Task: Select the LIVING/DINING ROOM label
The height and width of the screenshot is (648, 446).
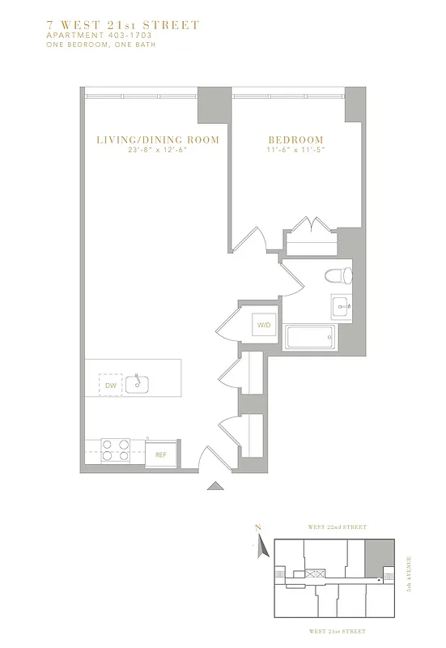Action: point(158,140)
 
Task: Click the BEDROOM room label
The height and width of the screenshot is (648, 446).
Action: point(295,140)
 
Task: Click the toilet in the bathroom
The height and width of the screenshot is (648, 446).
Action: point(338,275)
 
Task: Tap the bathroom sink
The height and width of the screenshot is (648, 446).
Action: point(340,306)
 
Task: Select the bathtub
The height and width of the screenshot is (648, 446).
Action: point(309,337)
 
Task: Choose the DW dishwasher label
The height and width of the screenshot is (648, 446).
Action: point(111,386)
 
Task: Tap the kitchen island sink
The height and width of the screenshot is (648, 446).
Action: point(138,382)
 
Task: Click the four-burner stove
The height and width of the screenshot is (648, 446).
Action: point(115,450)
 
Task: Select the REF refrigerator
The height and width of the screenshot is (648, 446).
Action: point(161,454)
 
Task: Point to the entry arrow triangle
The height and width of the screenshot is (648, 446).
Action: point(215,486)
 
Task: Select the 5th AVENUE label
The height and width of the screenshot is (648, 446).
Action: point(410,574)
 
